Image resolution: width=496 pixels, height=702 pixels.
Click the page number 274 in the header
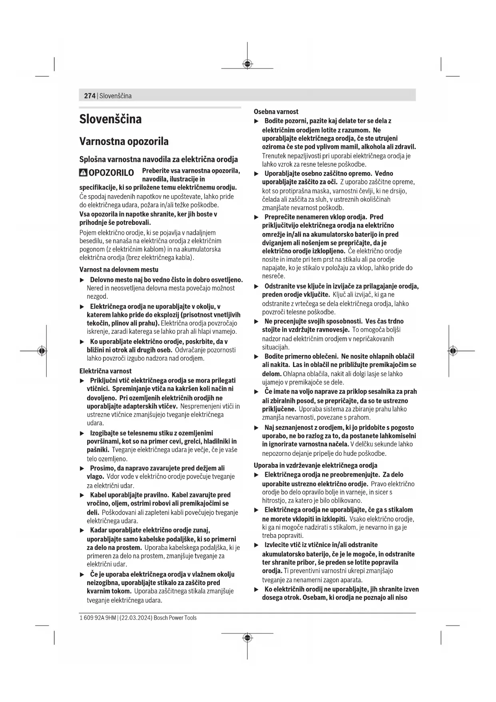pos(90,96)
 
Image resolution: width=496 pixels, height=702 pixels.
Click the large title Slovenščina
pos(110,119)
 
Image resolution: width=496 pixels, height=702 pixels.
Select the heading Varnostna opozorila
pos(124,141)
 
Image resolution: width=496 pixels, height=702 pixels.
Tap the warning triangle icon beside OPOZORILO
pos(83,173)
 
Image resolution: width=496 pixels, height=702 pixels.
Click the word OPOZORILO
pos(111,173)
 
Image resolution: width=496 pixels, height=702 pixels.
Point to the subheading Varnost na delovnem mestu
pos(119,269)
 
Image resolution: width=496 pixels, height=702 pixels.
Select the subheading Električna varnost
pos(106,371)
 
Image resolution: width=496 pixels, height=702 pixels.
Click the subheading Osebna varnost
pos(276,112)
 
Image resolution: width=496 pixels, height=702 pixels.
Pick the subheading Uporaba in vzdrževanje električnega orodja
pos(315,465)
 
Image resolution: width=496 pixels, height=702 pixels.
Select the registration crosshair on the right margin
pos(452,351)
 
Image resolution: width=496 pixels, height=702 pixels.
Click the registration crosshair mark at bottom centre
pos(247,637)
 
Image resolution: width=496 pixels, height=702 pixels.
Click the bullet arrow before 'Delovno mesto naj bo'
pos(82,280)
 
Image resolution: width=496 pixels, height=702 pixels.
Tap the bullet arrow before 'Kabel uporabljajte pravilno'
pos(82,495)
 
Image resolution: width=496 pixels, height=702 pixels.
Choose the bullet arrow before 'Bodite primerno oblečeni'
pos(257,357)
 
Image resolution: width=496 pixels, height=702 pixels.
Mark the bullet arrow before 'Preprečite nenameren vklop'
pos(257,217)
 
